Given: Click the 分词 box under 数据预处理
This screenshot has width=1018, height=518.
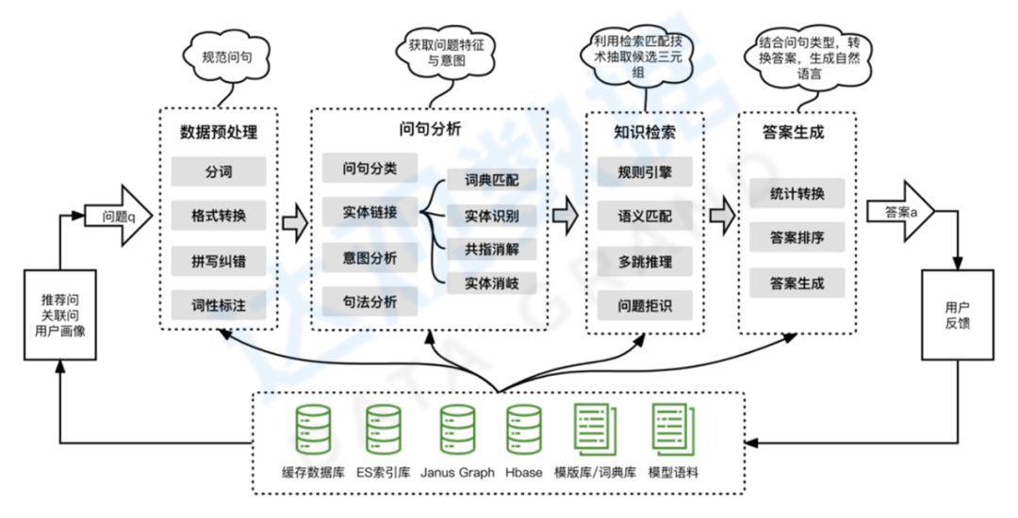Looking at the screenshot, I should (x=218, y=172).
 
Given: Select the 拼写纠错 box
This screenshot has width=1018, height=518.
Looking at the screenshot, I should (x=218, y=260).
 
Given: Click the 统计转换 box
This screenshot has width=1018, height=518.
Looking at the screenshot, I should (x=797, y=194).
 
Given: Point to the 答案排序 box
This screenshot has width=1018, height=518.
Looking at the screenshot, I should (x=797, y=238).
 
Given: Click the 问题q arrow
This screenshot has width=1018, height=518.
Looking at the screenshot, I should (x=119, y=215).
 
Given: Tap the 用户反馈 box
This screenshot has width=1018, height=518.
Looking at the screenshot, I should (x=957, y=315).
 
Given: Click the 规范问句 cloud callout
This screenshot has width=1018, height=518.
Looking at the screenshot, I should (x=227, y=57).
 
